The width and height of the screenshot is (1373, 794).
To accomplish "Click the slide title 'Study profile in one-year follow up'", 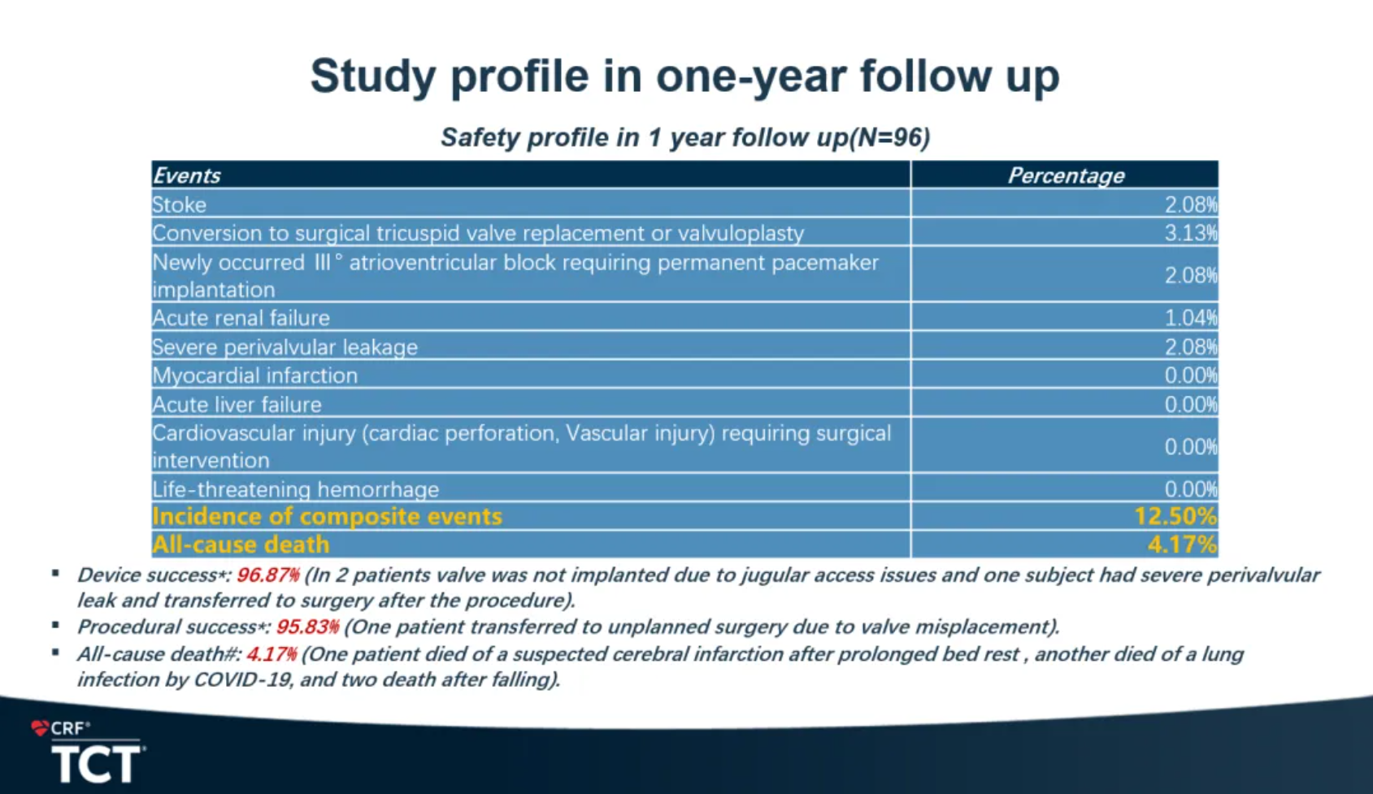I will tap(684, 76).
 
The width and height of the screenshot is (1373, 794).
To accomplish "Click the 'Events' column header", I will tap(186, 176).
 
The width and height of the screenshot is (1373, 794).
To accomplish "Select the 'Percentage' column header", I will tap(1066, 176).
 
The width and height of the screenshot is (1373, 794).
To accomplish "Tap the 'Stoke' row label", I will tap(179, 205).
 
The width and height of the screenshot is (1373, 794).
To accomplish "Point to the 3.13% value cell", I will tap(1190, 233).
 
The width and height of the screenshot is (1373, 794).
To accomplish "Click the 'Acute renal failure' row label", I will tap(241, 318).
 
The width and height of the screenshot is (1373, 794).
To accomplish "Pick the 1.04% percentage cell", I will tap(1190, 318).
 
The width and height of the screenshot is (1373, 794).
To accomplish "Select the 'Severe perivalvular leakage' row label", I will tap(285, 347).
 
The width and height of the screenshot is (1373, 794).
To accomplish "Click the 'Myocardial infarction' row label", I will tap(254, 375).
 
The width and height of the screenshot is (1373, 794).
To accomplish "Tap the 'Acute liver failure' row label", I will tap(237, 405).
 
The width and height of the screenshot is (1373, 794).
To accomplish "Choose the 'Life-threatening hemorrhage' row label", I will tap(295, 489).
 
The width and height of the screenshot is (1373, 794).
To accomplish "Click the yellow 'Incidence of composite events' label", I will tap(327, 517).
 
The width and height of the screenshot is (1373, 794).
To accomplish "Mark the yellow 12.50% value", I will tap(1175, 517).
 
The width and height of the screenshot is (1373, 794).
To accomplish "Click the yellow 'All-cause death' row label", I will tap(241, 545).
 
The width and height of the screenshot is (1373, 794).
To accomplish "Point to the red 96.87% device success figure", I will tap(268, 575).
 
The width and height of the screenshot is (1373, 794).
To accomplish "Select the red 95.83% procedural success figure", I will tap(307, 627).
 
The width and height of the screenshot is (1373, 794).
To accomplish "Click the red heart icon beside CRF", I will tap(39, 728).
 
